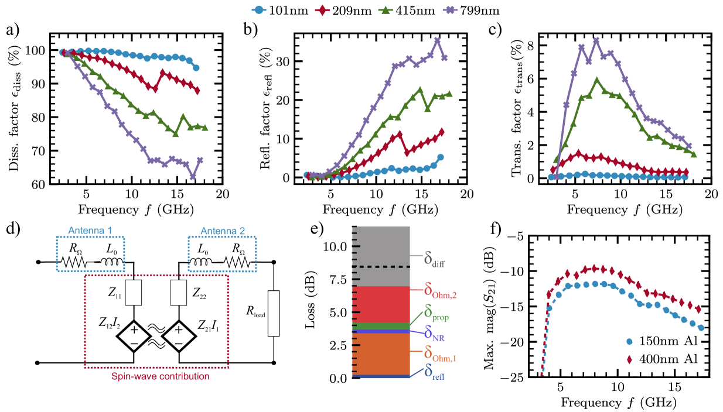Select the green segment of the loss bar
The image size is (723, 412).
[x=380, y=326]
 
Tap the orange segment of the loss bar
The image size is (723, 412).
[x=380, y=353]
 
